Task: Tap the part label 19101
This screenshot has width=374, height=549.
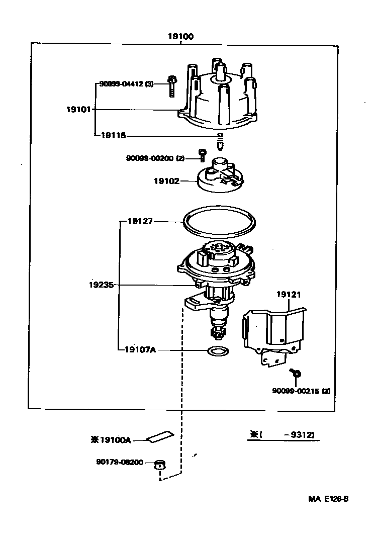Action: (77, 109)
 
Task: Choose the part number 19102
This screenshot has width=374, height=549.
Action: (166, 180)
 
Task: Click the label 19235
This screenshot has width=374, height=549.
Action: (102, 285)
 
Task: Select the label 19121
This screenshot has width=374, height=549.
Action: (288, 294)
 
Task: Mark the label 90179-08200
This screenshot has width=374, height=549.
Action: (120, 462)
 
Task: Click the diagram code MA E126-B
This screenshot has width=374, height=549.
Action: (328, 499)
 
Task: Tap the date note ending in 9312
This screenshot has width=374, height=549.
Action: (284, 435)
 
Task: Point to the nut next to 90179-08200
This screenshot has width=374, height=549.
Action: (159, 464)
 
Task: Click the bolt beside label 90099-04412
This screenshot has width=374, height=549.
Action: (171, 86)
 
